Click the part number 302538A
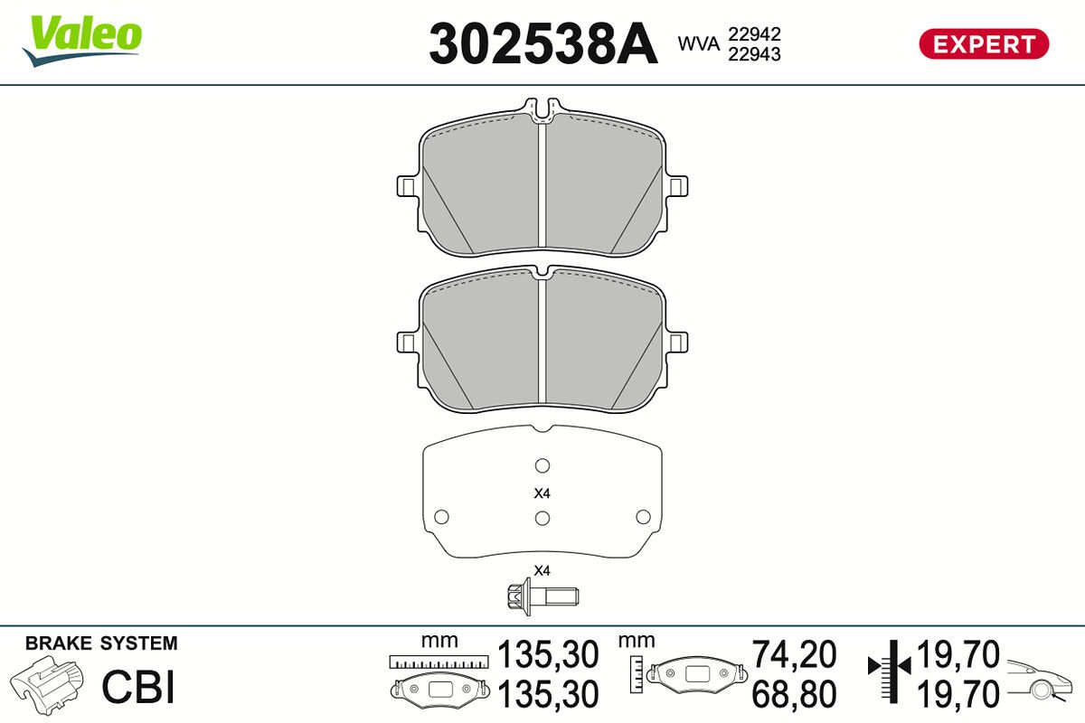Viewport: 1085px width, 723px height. [x=543, y=43]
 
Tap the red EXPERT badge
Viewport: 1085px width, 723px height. [x=984, y=44]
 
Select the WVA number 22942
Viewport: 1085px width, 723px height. [x=754, y=34]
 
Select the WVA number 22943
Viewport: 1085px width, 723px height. [x=754, y=54]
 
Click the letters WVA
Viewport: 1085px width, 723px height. [x=698, y=43]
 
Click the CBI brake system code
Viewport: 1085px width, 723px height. [x=138, y=687]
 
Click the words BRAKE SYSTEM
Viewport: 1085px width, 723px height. [x=101, y=643]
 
